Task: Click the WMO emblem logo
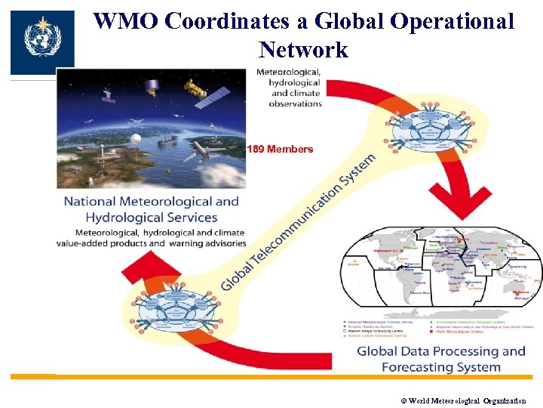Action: point(41,42)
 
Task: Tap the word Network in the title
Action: point(302,50)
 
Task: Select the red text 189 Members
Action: point(280,149)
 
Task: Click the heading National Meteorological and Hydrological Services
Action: point(151,209)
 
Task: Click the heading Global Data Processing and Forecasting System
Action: point(440,359)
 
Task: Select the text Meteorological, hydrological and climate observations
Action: point(290,87)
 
